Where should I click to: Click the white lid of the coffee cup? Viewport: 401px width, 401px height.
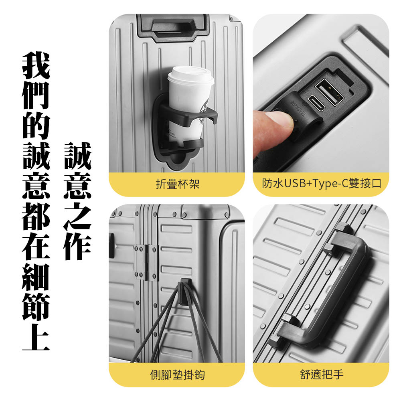tap(191, 75)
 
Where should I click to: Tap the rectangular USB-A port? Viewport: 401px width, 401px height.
tap(329, 92)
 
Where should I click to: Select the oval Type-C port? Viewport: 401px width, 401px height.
tap(316, 103)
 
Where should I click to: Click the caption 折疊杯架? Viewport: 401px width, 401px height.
tap(178, 184)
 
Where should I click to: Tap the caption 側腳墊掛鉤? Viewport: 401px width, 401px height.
tap(178, 375)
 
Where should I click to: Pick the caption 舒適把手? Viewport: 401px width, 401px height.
tap(322, 375)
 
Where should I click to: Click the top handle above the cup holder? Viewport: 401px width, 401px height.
tap(172, 27)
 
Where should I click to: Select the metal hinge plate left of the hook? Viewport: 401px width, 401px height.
tap(146, 262)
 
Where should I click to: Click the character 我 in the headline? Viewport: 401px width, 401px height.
tap(36, 65)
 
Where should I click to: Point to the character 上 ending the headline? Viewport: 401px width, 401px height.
tap(36, 336)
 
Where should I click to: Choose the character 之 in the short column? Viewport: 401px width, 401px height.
tap(77, 216)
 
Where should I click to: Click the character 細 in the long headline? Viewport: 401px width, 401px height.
tap(36, 276)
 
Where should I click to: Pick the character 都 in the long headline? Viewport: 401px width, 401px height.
tap(36, 216)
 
